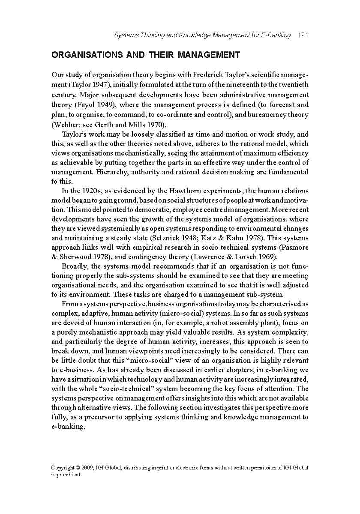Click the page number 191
(303, 35)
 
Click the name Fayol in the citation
(87, 105)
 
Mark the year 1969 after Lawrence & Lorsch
(269, 257)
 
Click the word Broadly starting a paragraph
(75, 266)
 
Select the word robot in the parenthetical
(228, 323)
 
